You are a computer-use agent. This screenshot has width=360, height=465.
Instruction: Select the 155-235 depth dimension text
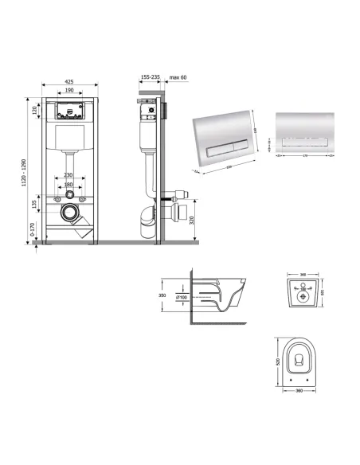150,78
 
